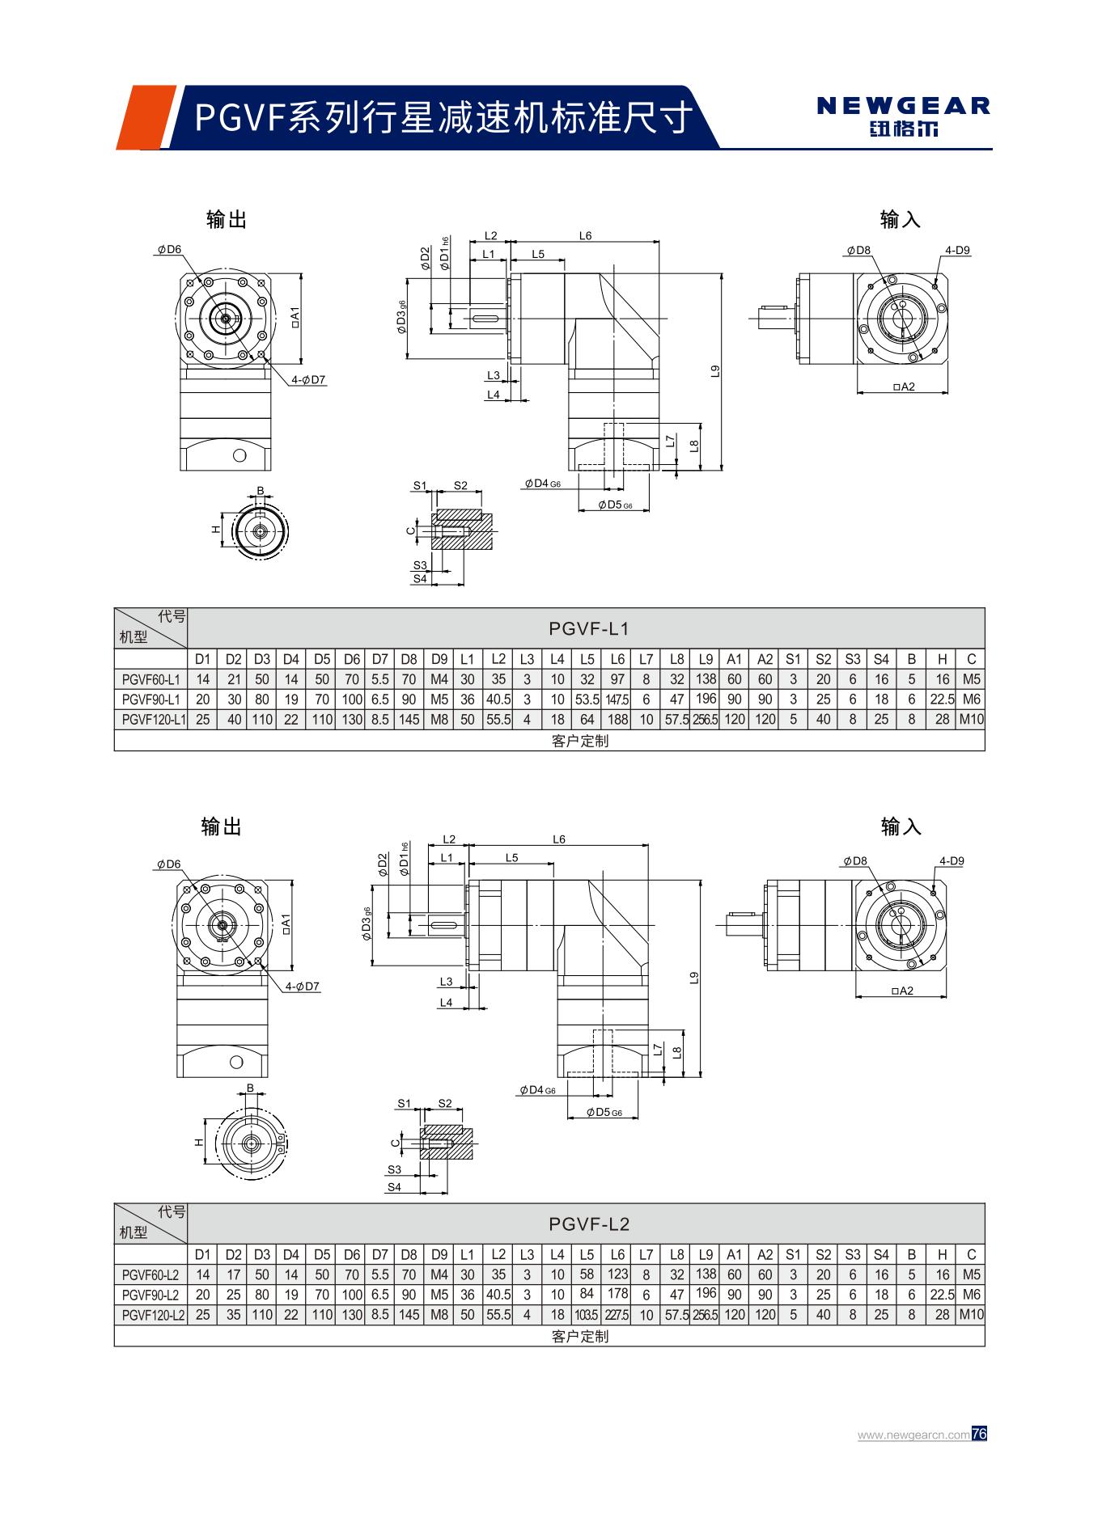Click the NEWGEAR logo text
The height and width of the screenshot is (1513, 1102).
903,106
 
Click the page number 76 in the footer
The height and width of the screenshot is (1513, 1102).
979,1434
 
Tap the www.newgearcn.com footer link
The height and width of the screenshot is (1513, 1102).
913,1435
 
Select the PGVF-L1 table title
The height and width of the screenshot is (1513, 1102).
588,629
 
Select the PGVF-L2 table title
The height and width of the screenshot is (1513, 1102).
588,1224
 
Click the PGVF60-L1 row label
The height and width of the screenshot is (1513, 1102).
151,679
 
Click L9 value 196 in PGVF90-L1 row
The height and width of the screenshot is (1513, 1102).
706,699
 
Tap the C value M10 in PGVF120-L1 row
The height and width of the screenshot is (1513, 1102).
971,719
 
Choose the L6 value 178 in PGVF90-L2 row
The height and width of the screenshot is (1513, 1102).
617,1295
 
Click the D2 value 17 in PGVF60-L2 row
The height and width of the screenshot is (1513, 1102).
233,1275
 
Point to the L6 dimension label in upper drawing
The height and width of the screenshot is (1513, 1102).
585,236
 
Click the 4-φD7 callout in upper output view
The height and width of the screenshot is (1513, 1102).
308,379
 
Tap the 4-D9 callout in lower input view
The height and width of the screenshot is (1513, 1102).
952,861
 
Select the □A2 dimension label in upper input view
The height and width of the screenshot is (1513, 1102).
904,387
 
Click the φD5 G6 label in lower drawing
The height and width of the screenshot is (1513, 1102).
604,1113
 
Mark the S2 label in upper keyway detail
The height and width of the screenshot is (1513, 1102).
460,486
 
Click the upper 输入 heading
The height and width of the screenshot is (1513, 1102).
901,219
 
